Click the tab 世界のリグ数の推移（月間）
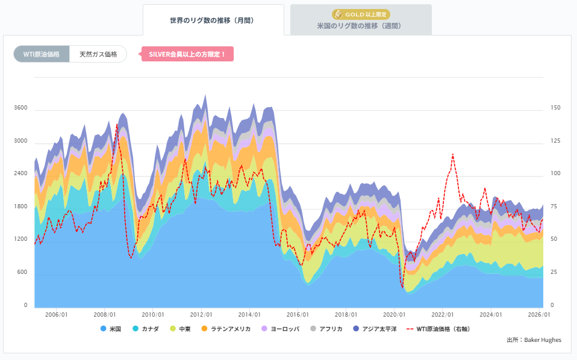click(213, 20)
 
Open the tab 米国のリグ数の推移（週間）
click(360, 26)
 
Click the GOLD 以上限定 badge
click(360, 14)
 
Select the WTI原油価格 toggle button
click(41, 54)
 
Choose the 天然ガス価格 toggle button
click(98, 54)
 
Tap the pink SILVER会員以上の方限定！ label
click(187, 54)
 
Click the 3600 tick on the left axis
click(20, 108)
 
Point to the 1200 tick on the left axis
click(20, 240)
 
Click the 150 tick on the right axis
click(555, 108)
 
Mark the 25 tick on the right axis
click(554, 273)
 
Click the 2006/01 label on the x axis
click(56, 315)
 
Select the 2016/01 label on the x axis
click(298, 315)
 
